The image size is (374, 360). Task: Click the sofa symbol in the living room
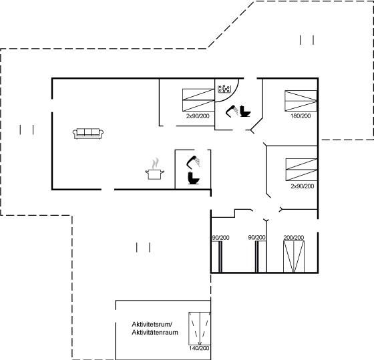pos(88,134)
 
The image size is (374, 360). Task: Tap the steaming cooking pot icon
pos(155,169)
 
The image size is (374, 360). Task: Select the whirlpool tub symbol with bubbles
pos(224,89)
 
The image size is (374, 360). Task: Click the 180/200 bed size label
pos(301,116)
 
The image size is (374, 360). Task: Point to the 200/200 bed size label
pos(294,238)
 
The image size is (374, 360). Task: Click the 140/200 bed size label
pos(199,348)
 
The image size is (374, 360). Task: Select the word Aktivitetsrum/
pos(152,325)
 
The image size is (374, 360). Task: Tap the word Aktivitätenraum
pos(155,333)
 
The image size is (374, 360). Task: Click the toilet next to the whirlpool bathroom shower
pos(245,111)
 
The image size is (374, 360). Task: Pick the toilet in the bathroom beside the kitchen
pos(194,178)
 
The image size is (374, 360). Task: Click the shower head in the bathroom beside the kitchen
pos(193,162)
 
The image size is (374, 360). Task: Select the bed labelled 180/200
pos(301,101)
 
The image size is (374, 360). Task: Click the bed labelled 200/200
pos(294,256)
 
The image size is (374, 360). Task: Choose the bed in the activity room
pos(200,328)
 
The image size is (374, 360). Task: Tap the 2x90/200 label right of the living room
pos(198,116)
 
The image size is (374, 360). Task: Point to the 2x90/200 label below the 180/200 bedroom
pos(302,186)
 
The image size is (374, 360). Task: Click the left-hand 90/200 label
pos(220,238)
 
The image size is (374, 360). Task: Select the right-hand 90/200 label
pos(256,238)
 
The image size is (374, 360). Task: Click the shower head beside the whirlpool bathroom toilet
pos(232,111)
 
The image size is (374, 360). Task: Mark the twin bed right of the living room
pos(198,100)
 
